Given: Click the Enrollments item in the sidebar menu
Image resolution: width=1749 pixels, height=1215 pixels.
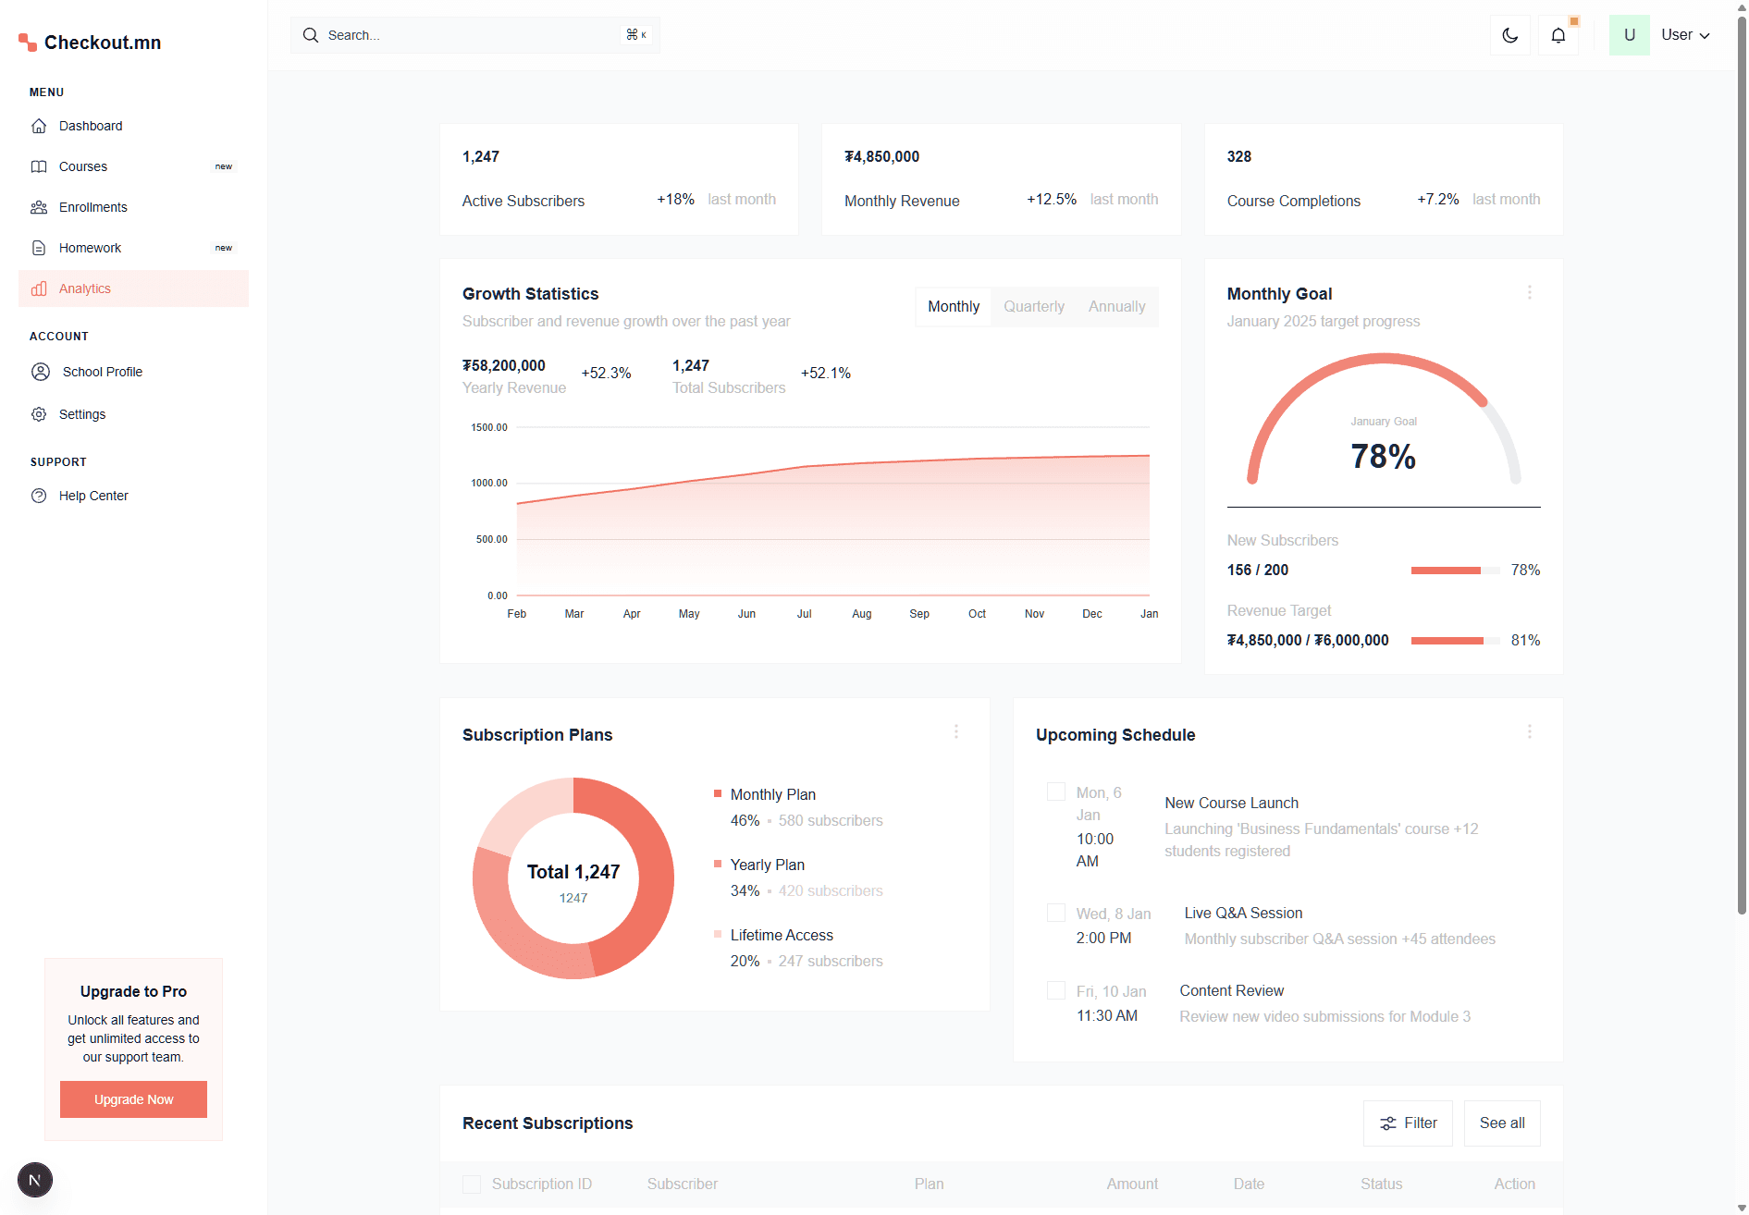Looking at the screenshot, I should coord(92,207).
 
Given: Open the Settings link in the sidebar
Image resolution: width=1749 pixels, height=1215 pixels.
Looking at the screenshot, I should coord(81,414).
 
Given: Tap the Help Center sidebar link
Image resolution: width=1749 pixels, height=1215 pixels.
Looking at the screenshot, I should coord(92,496).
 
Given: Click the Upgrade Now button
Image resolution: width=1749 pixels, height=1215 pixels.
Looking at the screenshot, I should coord(133,1099).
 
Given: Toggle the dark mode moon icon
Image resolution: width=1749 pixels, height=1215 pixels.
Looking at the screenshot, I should coord(1509,35).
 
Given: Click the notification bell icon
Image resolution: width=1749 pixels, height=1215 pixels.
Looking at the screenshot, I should coord(1558,35).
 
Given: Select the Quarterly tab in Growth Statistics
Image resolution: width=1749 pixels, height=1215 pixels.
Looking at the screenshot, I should coord(1033,307).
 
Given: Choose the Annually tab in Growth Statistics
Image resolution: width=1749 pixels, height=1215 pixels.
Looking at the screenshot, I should coord(1116,307).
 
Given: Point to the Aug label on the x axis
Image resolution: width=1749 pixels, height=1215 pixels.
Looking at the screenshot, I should coord(861,614).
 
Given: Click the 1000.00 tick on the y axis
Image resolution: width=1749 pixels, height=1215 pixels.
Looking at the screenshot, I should coord(489,483).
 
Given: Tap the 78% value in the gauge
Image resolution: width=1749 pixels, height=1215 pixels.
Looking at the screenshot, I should coord(1383,457).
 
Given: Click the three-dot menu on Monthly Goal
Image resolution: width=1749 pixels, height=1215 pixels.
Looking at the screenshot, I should coord(1529,292).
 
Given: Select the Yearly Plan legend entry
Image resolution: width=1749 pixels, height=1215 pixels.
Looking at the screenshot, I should coord(767,865).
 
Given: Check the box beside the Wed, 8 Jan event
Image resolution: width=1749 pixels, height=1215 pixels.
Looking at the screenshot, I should coord(1055,913).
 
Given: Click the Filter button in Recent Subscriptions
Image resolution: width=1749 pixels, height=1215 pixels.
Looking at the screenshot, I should coord(1408,1123).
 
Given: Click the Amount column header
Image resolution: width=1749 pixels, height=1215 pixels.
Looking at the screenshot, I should coord(1132,1184).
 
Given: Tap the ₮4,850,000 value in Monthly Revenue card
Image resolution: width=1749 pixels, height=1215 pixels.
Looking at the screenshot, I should coord(881,157).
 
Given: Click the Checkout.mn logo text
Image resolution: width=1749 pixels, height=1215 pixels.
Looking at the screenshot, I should coord(103,43).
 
